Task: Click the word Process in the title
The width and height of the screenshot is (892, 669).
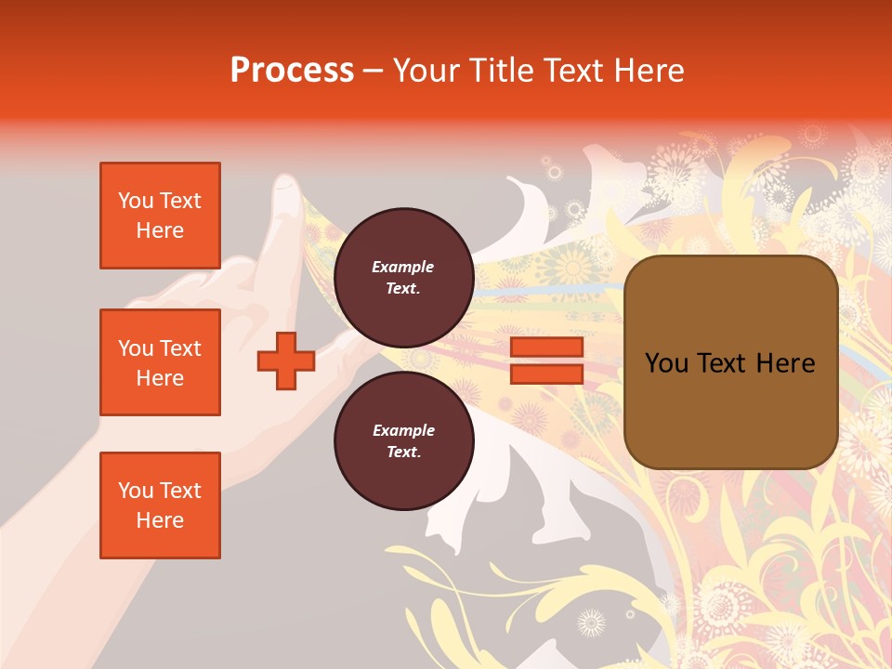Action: (x=292, y=71)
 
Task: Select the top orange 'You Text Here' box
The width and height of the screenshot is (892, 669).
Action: (x=160, y=216)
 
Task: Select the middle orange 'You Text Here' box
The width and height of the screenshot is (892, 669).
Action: (x=160, y=362)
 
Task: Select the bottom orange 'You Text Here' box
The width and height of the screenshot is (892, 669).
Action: (x=160, y=505)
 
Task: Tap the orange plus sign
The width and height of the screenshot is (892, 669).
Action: (x=286, y=361)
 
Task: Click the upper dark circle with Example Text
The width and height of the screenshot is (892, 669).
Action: (x=403, y=277)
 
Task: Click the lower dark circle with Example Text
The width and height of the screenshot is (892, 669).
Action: (x=403, y=440)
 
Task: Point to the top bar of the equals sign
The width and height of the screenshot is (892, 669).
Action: (x=546, y=348)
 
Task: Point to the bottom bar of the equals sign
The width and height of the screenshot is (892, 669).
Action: (x=546, y=374)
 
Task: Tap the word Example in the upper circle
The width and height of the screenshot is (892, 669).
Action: (x=403, y=267)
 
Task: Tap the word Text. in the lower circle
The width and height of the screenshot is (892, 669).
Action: (x=403, y=452)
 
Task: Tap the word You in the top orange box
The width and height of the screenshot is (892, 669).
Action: (x=136, y=201)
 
